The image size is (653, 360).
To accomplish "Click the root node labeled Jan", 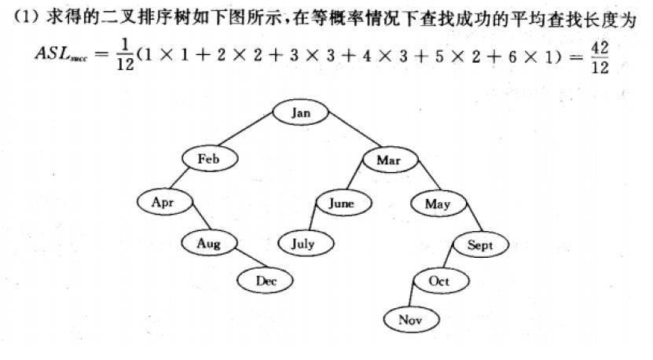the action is pyautogui.click(x=301, y=112).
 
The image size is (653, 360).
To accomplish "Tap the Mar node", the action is pyautogui.click(x=388, y=160).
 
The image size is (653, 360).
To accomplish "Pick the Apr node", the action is pyautogui.click(x=162, y=202).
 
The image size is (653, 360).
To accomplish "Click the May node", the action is pyautogui.click(x=437, y=204).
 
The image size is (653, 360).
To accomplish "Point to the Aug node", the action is pyautogui.click(x=209, y=244).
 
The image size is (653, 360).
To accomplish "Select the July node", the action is pyautogui.click(x=303, y=244).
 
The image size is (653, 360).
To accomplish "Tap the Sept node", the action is pyautogui.click(x=479, y=245).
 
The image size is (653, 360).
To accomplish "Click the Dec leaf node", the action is pyautogui.click(x=265, y=279).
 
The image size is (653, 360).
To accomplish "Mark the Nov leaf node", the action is pyautogui.click(x=410, y=319).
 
